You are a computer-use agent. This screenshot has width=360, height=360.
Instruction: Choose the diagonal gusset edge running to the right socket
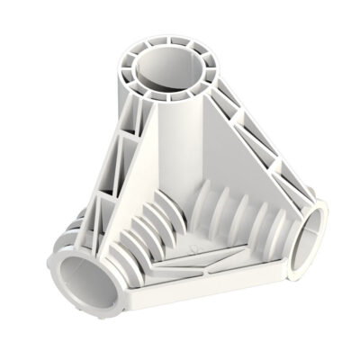coord(261,144)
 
